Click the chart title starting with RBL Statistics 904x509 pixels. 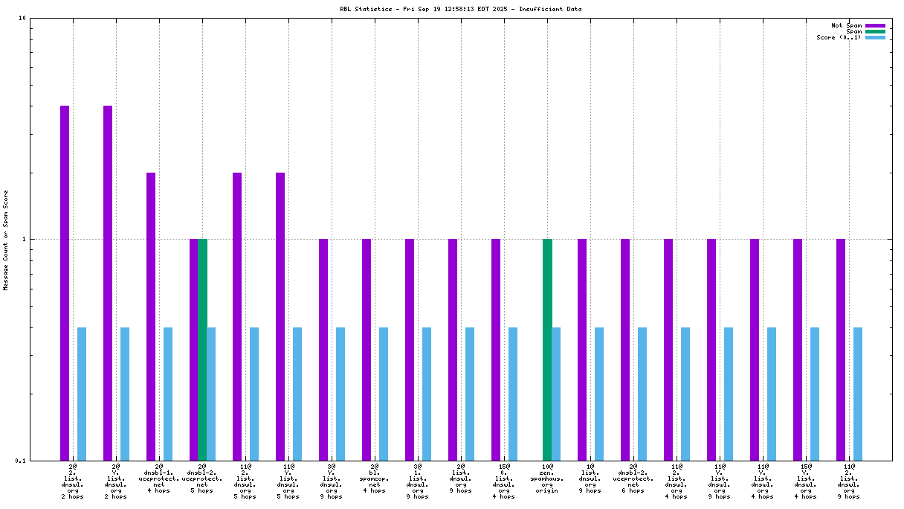[x=460, y=10]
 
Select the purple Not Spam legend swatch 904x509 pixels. [x=875, y=26]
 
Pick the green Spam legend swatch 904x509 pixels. [x=875, y=32]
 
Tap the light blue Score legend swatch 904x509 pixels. [x=875, y=38]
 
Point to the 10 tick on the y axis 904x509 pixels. [x=22, y=19]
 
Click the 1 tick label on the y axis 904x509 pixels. [x=24, y=240]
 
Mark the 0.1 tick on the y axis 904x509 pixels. [x=21, y=461]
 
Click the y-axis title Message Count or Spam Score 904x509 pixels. [x=6, y=240]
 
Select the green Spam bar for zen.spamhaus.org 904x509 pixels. [x=547, y=349]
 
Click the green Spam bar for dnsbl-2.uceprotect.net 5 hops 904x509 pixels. [x=202, y=349]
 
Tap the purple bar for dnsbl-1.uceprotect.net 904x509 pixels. [x=151, y=316]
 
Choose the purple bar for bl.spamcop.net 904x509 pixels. [x=367, y=349]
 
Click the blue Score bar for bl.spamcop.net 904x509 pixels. [x=384, y=394]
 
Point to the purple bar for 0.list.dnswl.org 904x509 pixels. [x=496, y=349]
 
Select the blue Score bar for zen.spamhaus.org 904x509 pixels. [x=556, y=394]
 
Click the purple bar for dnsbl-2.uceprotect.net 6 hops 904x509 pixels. [x=625, y=349]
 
